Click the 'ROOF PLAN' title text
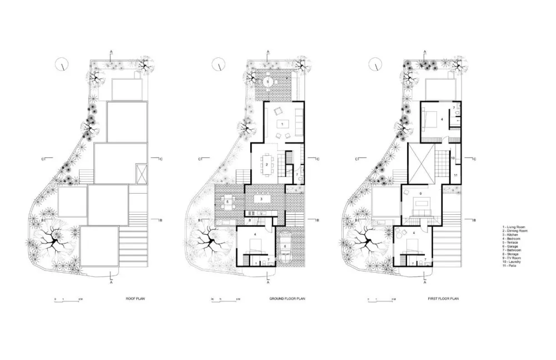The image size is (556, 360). [x=136, y=299]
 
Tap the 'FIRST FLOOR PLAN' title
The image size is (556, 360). [x=443, y=299]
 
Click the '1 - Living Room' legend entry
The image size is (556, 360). [x=514, y=227]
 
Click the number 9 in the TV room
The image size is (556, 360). [x=421, y=194]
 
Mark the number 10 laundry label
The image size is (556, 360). [x=453, y=158]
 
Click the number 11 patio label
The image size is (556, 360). [x=455, y=175]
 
